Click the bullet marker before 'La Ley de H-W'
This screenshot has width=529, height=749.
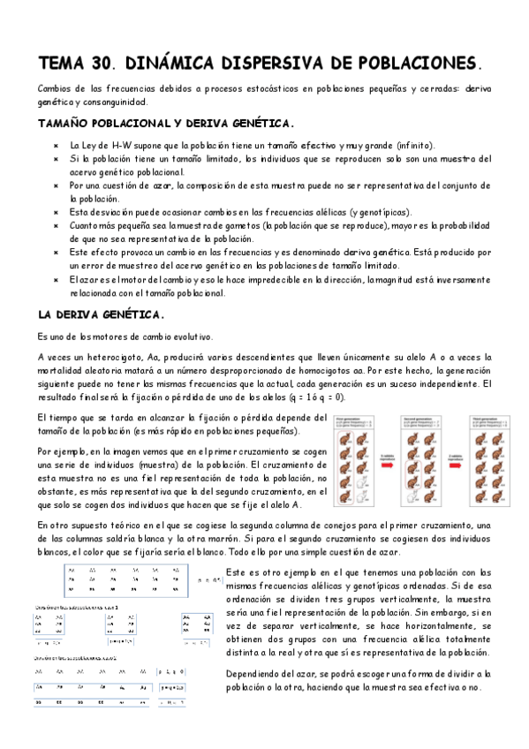click(x=55, y=146)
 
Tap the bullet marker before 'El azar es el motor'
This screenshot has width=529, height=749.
click(x=55, y=279)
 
